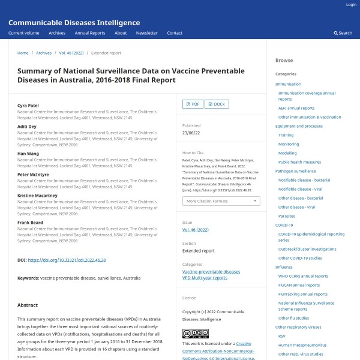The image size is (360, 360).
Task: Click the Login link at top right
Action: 351,5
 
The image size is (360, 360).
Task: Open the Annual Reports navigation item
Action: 89,33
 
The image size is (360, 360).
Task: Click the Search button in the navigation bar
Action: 343,33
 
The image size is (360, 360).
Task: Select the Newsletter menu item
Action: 146,33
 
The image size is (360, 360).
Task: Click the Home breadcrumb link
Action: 23,53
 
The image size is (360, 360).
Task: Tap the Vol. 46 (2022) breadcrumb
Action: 71,53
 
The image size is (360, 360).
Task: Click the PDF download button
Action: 192,104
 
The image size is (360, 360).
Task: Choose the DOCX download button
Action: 217,104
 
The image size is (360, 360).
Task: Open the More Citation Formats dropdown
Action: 221,201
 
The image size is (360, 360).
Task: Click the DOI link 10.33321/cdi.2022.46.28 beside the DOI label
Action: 67,260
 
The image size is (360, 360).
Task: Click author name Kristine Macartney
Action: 37,196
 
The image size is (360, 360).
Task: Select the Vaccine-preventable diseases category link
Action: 211,272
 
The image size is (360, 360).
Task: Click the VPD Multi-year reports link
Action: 205,278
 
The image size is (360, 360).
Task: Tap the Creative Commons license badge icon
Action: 195,334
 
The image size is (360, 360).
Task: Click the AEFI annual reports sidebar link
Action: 296,108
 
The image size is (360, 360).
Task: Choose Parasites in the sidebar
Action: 286,216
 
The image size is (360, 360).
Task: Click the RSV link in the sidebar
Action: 282,336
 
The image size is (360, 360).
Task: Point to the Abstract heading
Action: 28,305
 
